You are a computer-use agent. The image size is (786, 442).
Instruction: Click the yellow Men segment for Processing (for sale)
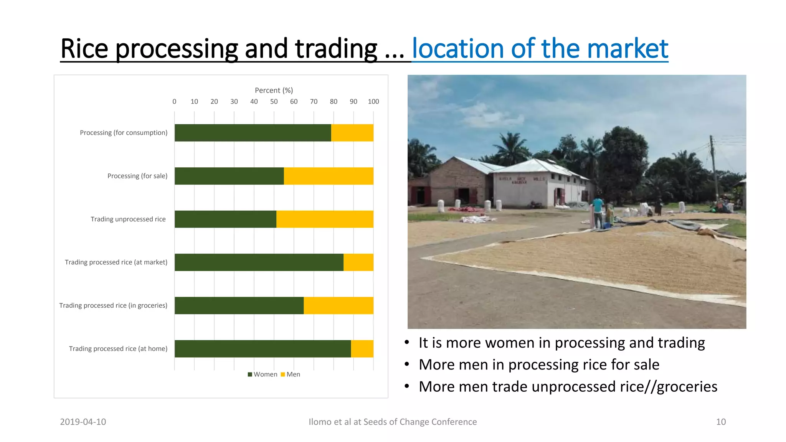pyautogui.click(x=329, y=176)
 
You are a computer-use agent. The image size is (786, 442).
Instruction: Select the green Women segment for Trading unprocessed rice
pyautogui.click(x=225, y=219)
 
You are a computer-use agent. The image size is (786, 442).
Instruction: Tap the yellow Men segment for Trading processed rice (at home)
pyautogui.click(x=362, y=349)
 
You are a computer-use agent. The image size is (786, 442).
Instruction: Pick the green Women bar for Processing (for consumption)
pyautogui.click(x=253, y=133)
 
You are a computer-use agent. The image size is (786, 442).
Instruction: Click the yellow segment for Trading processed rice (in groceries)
pyautogui.click(x=339, y=305)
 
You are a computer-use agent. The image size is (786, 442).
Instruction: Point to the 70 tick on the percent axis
pyautogui.click(x=314, y=102)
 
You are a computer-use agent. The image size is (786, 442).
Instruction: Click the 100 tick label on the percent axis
pyautogui.click(x=373, y=102)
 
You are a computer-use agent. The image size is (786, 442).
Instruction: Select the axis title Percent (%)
pyautogui.click(x=274, y=90)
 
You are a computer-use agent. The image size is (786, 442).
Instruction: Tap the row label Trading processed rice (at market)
pyautogui.click(x=116, y=262)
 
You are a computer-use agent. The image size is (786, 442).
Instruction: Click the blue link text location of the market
pyautogui.click(x=540, y=49)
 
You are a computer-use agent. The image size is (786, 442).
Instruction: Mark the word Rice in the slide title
pyautogui.click(x=84, y=49)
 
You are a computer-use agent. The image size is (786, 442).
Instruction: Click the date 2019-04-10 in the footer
pyautogui.click(x=83, y=422)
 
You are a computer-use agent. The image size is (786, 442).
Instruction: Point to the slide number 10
pyautogui.click(x=721, y=422)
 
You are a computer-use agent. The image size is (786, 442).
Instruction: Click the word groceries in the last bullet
pyautogui.click(x=687, y=387)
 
